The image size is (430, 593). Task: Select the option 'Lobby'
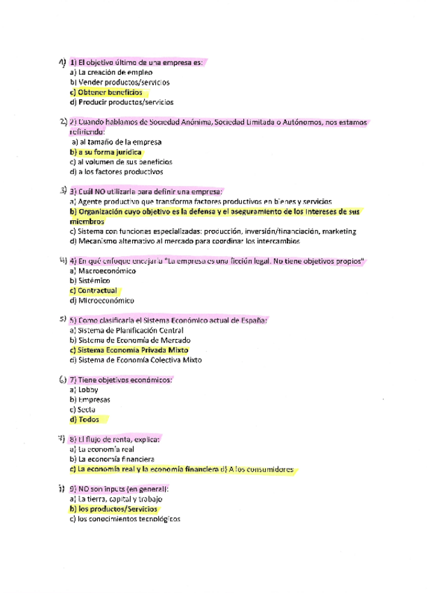[88, 390]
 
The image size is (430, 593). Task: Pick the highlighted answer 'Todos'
[87, 420]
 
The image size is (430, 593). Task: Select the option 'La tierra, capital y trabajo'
[120, 499]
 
